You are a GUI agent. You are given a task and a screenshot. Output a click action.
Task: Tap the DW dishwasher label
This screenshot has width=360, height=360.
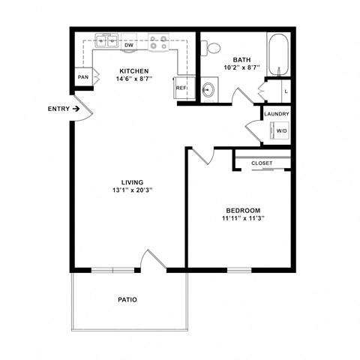[x=129, y=44]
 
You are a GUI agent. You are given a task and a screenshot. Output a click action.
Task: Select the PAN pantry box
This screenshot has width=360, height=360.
[x=82, y=77]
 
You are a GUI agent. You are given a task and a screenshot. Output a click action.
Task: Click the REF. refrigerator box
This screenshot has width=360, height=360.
[x=181, y=87]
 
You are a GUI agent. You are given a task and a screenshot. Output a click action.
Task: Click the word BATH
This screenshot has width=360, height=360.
[x=241, y=60]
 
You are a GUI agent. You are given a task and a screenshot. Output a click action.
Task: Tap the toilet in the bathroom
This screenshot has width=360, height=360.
[x=213, y=47]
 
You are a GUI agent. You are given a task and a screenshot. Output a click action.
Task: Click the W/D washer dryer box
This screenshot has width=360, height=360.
[x=280, y=130]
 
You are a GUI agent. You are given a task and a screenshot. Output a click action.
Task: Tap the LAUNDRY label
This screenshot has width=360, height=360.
[x=276, y=114]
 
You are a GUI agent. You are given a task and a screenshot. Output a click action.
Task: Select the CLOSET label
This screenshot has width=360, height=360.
[x=262, y=163]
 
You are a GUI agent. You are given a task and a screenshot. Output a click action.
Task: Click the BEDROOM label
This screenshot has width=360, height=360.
[x=243, y=210]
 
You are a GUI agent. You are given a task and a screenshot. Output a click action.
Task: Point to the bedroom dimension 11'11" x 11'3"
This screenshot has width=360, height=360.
[x=243, y=219]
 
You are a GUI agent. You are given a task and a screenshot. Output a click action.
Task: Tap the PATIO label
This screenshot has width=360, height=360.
[x=127, y=299]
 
